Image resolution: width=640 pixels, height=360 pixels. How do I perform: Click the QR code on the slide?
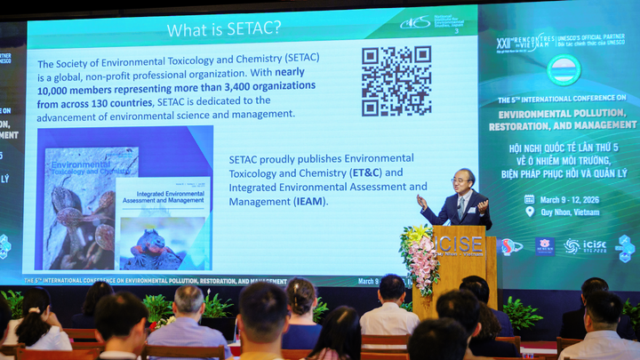click(x=396, y=81)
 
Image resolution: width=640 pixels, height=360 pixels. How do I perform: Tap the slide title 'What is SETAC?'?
click(x=224, y=29)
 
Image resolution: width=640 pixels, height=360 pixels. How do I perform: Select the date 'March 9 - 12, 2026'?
click(x=570, y=199)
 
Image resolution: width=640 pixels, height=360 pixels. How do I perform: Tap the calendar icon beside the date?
click(x=530, y=199)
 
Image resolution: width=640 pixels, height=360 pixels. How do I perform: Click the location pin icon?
click(x=530, y=212)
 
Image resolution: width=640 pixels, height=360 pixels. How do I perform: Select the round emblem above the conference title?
click(x=563, y=69)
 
